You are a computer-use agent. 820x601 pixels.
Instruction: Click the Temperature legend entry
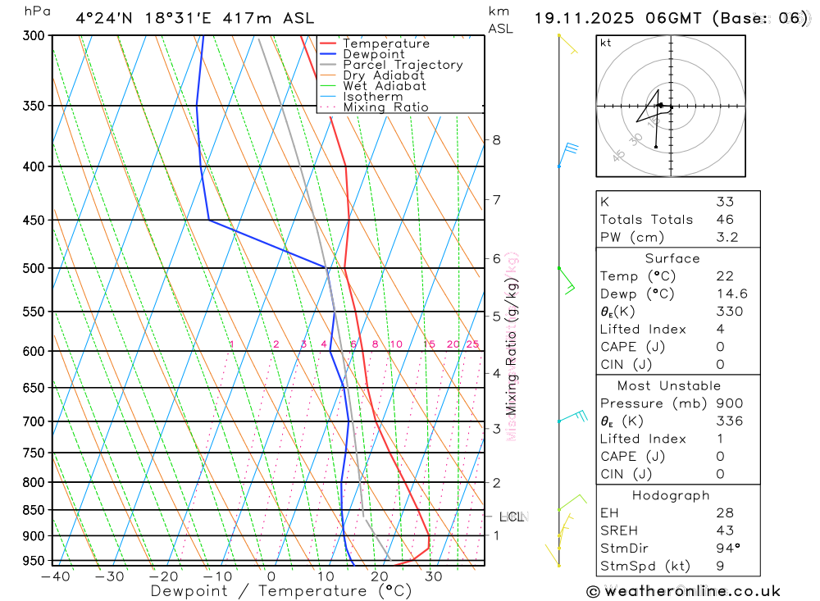tap(385, 43)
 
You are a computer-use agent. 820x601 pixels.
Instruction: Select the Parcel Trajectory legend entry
tap(403, 65)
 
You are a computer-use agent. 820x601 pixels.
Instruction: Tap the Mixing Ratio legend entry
tap(385, 107)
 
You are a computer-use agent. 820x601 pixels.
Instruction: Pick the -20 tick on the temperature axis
tap(163, 576)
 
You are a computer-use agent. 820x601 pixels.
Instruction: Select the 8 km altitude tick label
tap(496, 140)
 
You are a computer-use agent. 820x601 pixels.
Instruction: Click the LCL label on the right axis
tap(512, 517)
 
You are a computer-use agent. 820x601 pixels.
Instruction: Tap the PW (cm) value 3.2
tap(727, 237)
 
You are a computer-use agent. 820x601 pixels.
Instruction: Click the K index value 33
tap(725, 202)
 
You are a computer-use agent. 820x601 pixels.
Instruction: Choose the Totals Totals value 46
tap(725, 220)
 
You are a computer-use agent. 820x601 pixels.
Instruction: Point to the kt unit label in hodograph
tap(606, 43)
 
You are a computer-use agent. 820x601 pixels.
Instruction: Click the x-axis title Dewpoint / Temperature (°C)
tap(280, 591)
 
